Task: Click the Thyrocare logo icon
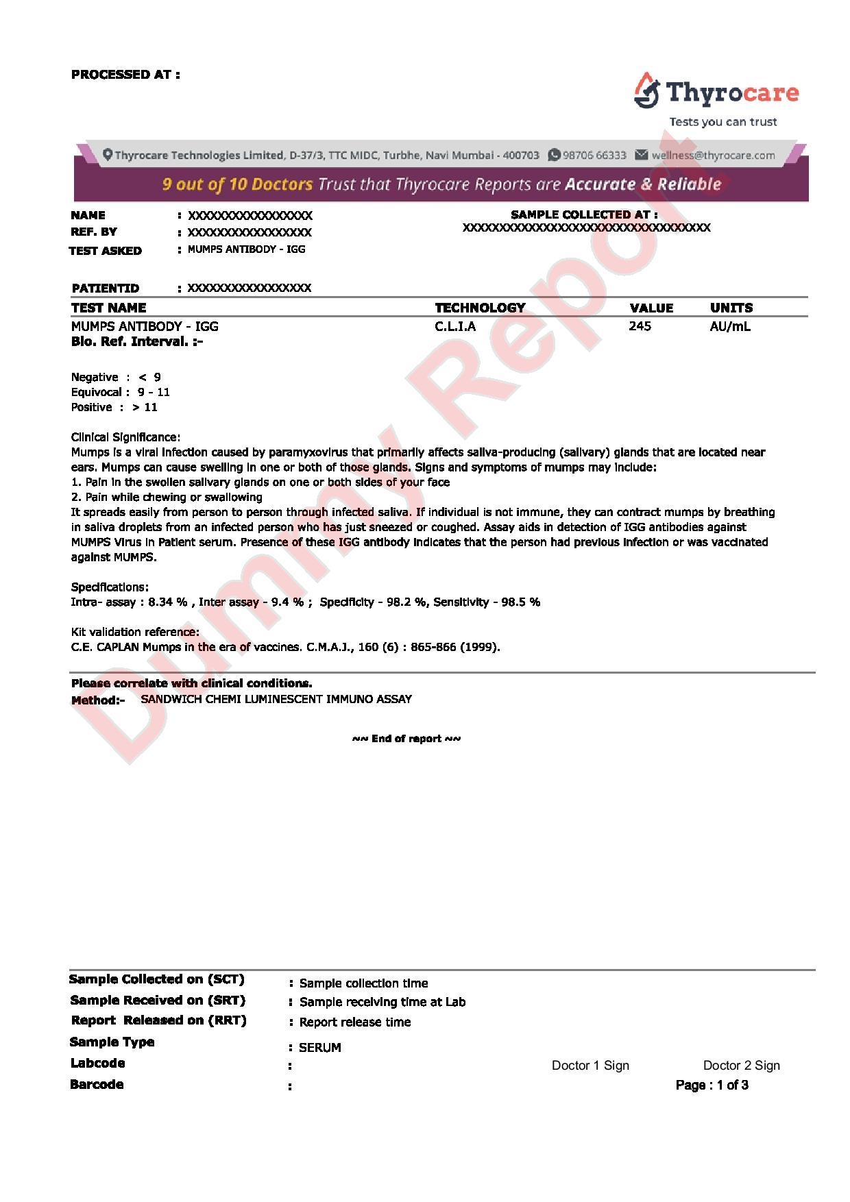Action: click(646, 90)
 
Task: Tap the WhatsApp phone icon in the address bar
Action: click(554, 155)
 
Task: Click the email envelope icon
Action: click(641, 155)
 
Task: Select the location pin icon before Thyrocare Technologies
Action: click(108, 155)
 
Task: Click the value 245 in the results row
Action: click(640, 326)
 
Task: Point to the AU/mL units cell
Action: click(730, 326)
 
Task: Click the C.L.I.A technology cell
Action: click(455, 326)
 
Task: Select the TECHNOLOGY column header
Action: click(480, 308)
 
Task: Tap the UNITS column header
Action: click(731, 308)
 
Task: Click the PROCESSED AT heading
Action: click(125, 75)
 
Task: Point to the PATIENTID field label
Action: click(105, 288)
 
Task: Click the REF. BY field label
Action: click(94, 232)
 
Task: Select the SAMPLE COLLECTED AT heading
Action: click(584, 214)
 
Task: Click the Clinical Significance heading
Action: click(125, 437)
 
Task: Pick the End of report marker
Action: click(406, 739)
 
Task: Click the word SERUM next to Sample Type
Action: click(320, 1048)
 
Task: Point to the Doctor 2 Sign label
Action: click(742, 1066)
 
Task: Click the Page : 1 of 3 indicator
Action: click(712, 1085)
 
